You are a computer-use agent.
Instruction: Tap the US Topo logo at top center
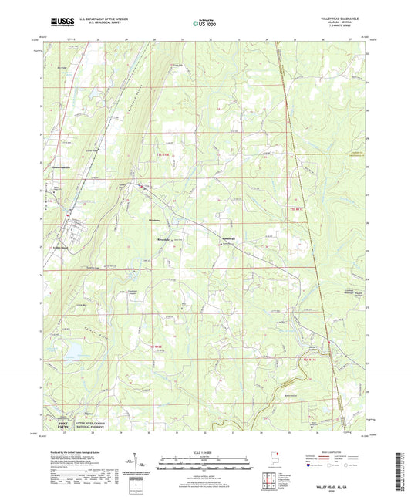coord(205,24)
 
